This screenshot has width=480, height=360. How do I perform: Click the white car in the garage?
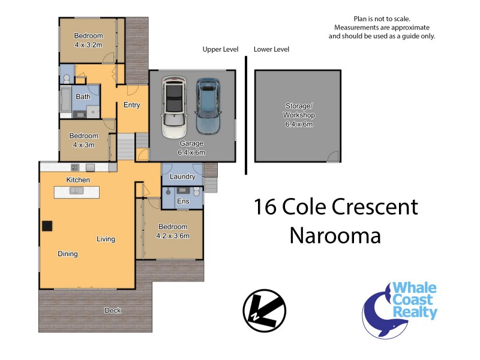[x=174, y=107]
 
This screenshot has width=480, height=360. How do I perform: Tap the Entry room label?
[x=131, y=106]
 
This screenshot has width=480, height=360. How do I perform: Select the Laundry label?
[x=182, y=177]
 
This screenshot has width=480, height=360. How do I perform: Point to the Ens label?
[x=183, y=202]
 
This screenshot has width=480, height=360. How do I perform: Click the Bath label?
[x=83, y=97]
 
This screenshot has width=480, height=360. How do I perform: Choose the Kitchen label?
[x=78, y=180]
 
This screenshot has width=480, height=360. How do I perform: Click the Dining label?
[x=68, y=254]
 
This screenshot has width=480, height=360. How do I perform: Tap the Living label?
[x=106, y=239]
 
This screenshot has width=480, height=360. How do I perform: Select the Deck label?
[x=113, y=310]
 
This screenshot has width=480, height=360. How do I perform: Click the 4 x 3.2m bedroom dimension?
[x=88, y=45]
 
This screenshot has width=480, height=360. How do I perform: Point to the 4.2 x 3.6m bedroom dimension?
[x=173, y=236]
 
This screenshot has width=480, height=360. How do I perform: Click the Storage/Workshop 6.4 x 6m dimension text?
[x=299, y=124]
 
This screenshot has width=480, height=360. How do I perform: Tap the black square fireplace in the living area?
[x=47, y=226]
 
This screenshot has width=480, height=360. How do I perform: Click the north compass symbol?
[x=260, y=310]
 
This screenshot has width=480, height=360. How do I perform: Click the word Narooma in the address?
[x=335, y=235]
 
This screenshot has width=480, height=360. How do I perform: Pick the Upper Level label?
[x=220, y=49]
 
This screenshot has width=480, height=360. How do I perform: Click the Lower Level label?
[x=271, y=49]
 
